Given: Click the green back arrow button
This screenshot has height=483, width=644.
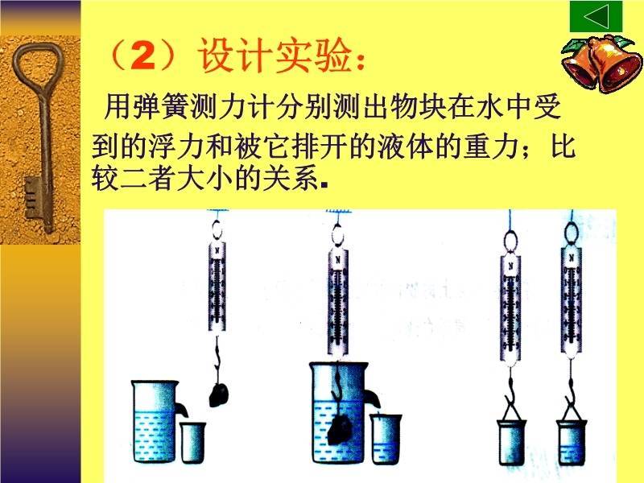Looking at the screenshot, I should pos(596,17).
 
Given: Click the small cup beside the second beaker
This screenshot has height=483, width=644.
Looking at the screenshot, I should pos(386,439).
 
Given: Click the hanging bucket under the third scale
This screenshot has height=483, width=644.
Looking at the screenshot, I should pos(511,439).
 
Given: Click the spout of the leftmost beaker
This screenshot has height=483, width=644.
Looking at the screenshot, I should pos(182,407).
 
